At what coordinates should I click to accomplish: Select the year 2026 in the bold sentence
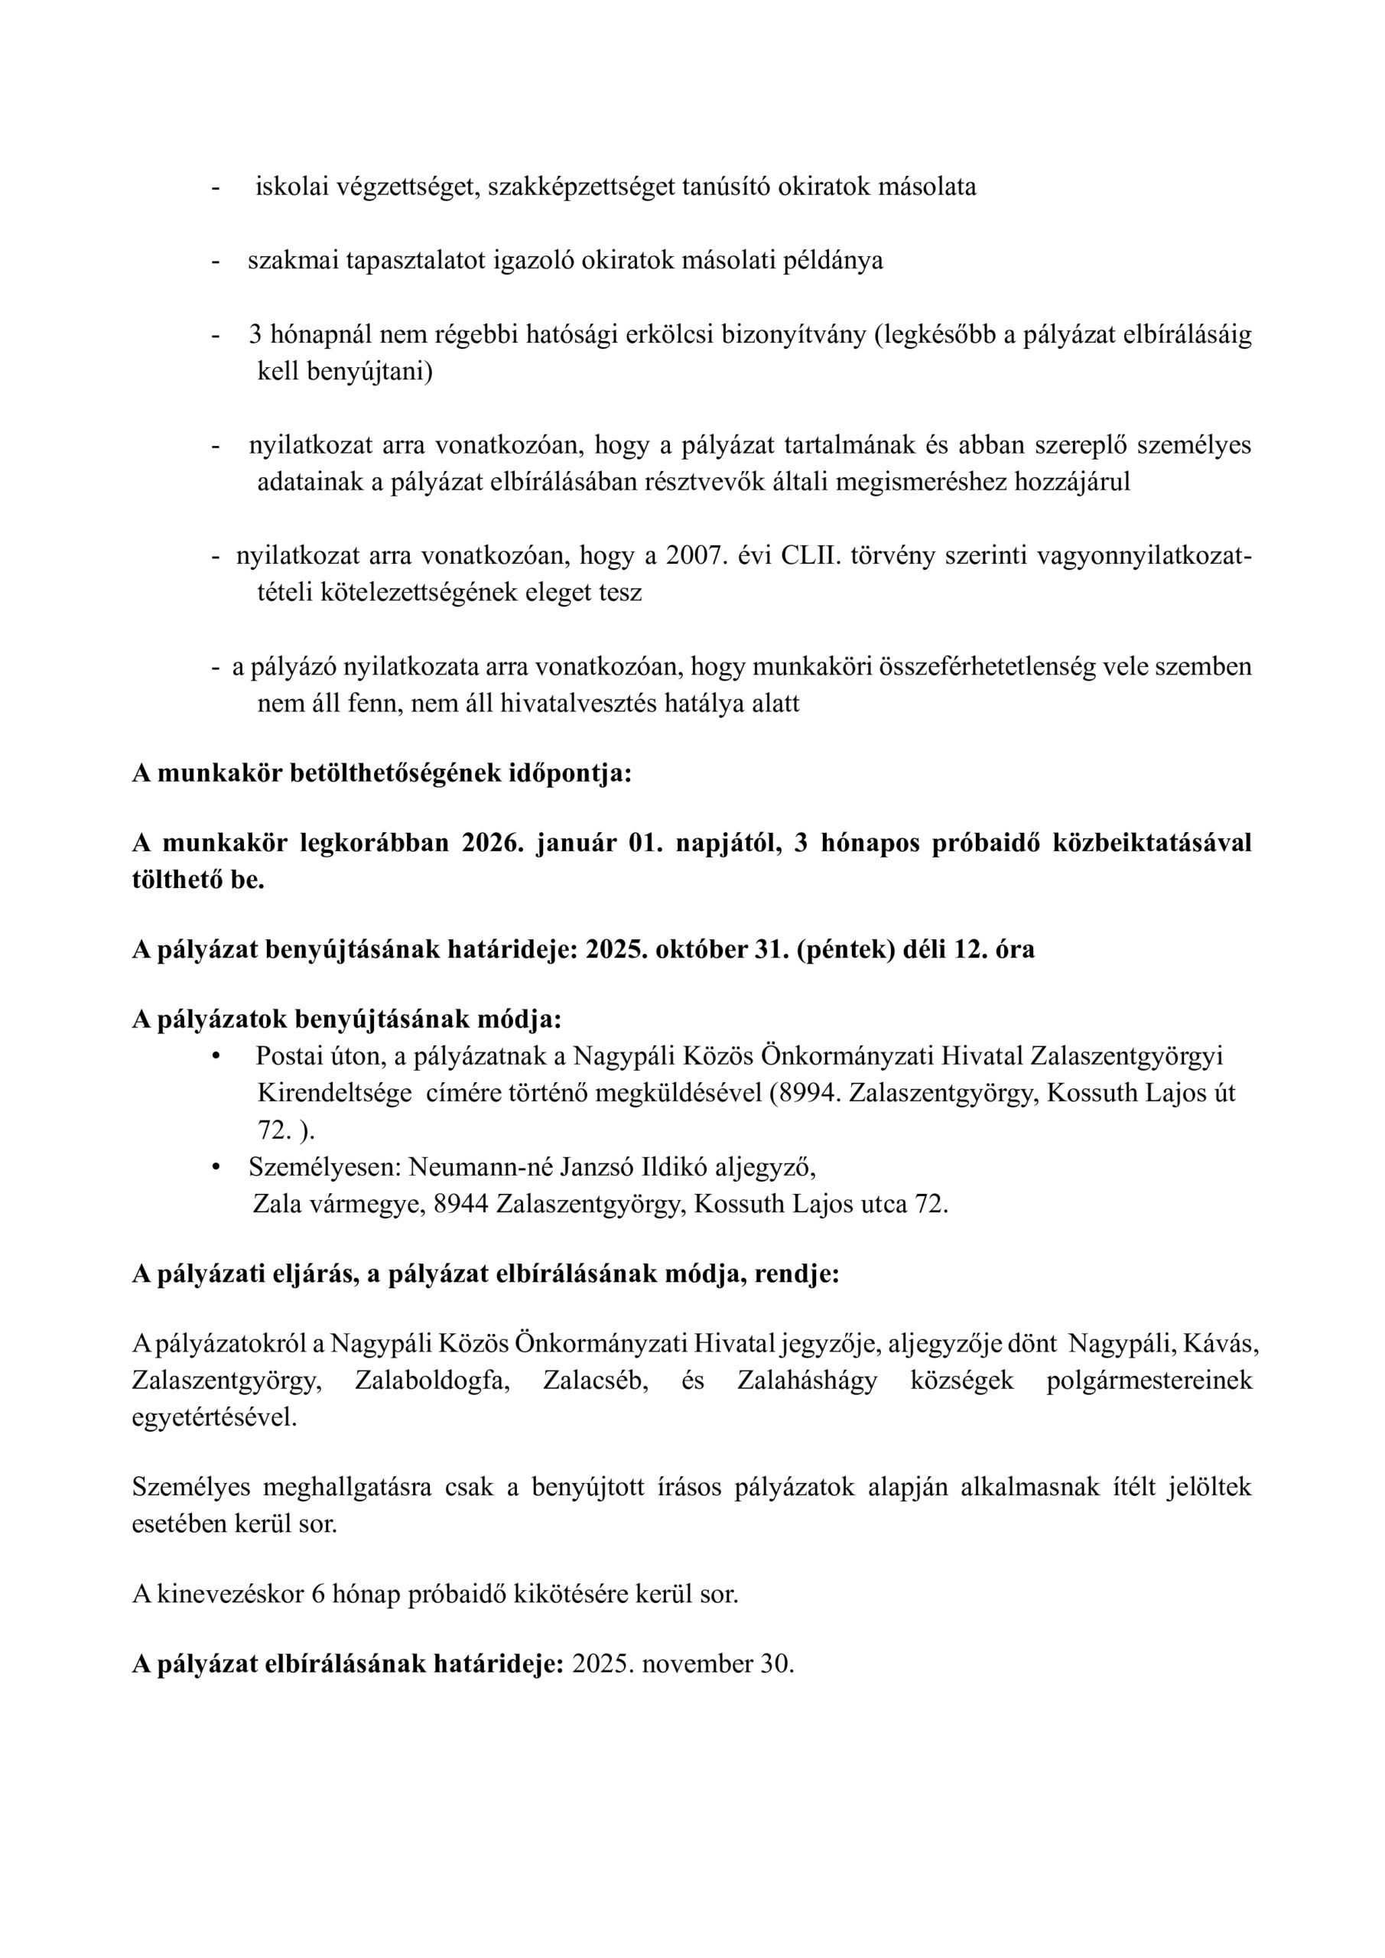pyautogui.click(x=491, y=843)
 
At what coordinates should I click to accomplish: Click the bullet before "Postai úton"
pyautogui.click(x=216, y=1056)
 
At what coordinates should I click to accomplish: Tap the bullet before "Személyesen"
pyautogui.click(x=216, y=1166)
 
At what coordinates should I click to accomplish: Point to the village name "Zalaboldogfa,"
pyautogui.click(x=431, y=1381)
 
